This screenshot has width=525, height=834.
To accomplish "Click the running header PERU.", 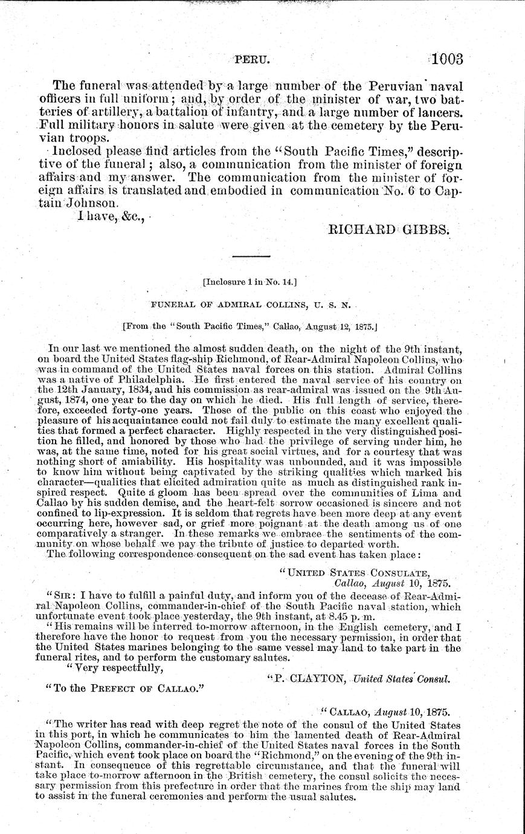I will click(250, 60).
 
